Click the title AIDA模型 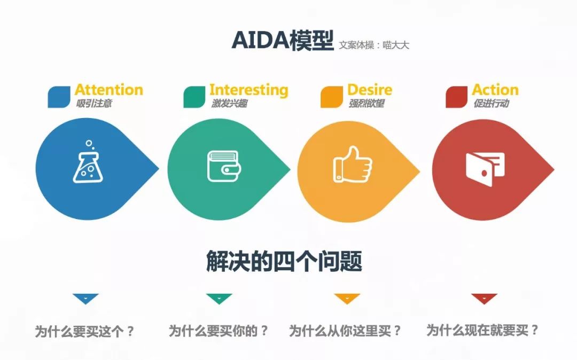[x=283, y=41]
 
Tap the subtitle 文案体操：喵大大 [x=373, y=45]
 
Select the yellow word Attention [x=109, y=90]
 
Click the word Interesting [x=249, y=90]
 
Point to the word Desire [x=370, y=90]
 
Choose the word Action [x=495, y=90]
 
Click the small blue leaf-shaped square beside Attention [x=59, y=97]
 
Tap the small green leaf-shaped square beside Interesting [x=194, y=97]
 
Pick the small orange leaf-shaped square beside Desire [x=332, y=97]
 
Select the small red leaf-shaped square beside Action [x=456, y=97]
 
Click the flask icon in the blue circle [x=88, y=162]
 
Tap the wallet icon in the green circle [x=224, y=166]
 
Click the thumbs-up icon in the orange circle [x=353, y=165]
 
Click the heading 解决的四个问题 [x=284, y=261]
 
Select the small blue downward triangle [x=85, y=298]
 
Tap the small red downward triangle [x=484, y=298]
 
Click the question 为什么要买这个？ [x=85, y=332]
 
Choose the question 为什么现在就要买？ [x=482, y=330]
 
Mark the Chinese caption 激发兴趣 [x=229, y=104]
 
